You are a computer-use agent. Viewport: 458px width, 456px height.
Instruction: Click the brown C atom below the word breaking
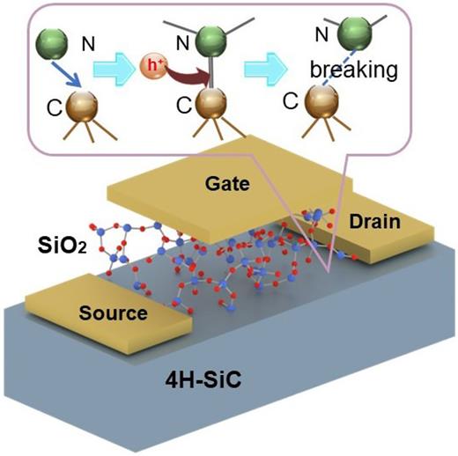(x=322, y=104)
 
